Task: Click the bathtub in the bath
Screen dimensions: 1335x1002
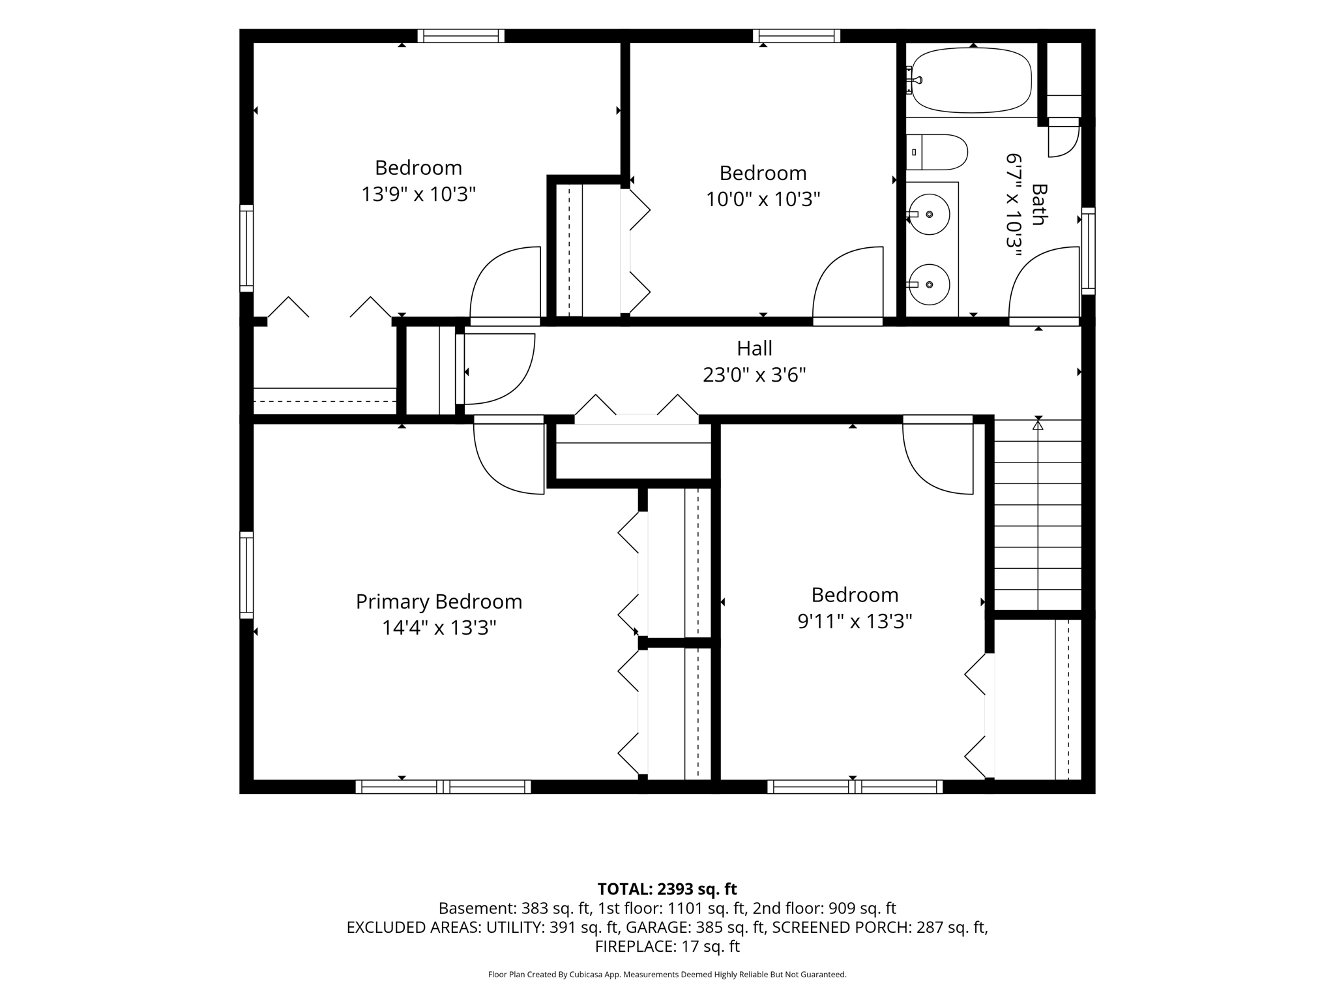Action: click(971, 80)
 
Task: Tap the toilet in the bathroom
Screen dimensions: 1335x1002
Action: click(937, 152)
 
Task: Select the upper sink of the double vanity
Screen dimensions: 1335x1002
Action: click(930, 214)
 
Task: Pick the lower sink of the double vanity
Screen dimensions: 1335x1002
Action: click(930, 284)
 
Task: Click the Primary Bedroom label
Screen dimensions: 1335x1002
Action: click(439, 601)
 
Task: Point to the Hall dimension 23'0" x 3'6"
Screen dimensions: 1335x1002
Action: click(754, 375)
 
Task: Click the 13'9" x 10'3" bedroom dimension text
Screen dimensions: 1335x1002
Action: click(418, 194)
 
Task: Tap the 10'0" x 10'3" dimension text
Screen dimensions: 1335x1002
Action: click(763, 199)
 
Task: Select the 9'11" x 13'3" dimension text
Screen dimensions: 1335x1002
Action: click(855, 621)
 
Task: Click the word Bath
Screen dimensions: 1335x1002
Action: click(1039, 204)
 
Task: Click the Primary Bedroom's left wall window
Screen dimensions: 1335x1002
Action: click(246, 575)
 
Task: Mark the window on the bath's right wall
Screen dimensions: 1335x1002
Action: click(1089, 251)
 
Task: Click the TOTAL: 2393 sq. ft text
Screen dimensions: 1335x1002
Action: click(667, 889)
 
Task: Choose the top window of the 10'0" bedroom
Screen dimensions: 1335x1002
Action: click(797, 36)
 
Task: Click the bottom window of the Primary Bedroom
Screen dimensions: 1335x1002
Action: click(443, 787)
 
